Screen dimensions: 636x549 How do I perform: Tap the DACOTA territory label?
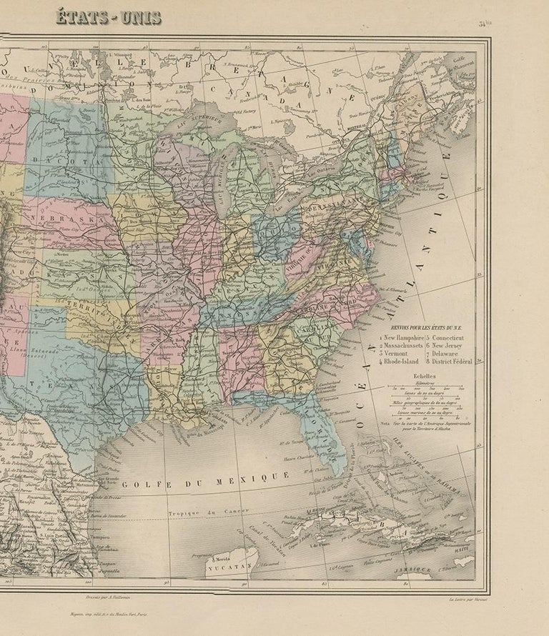[x=71, y=162]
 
